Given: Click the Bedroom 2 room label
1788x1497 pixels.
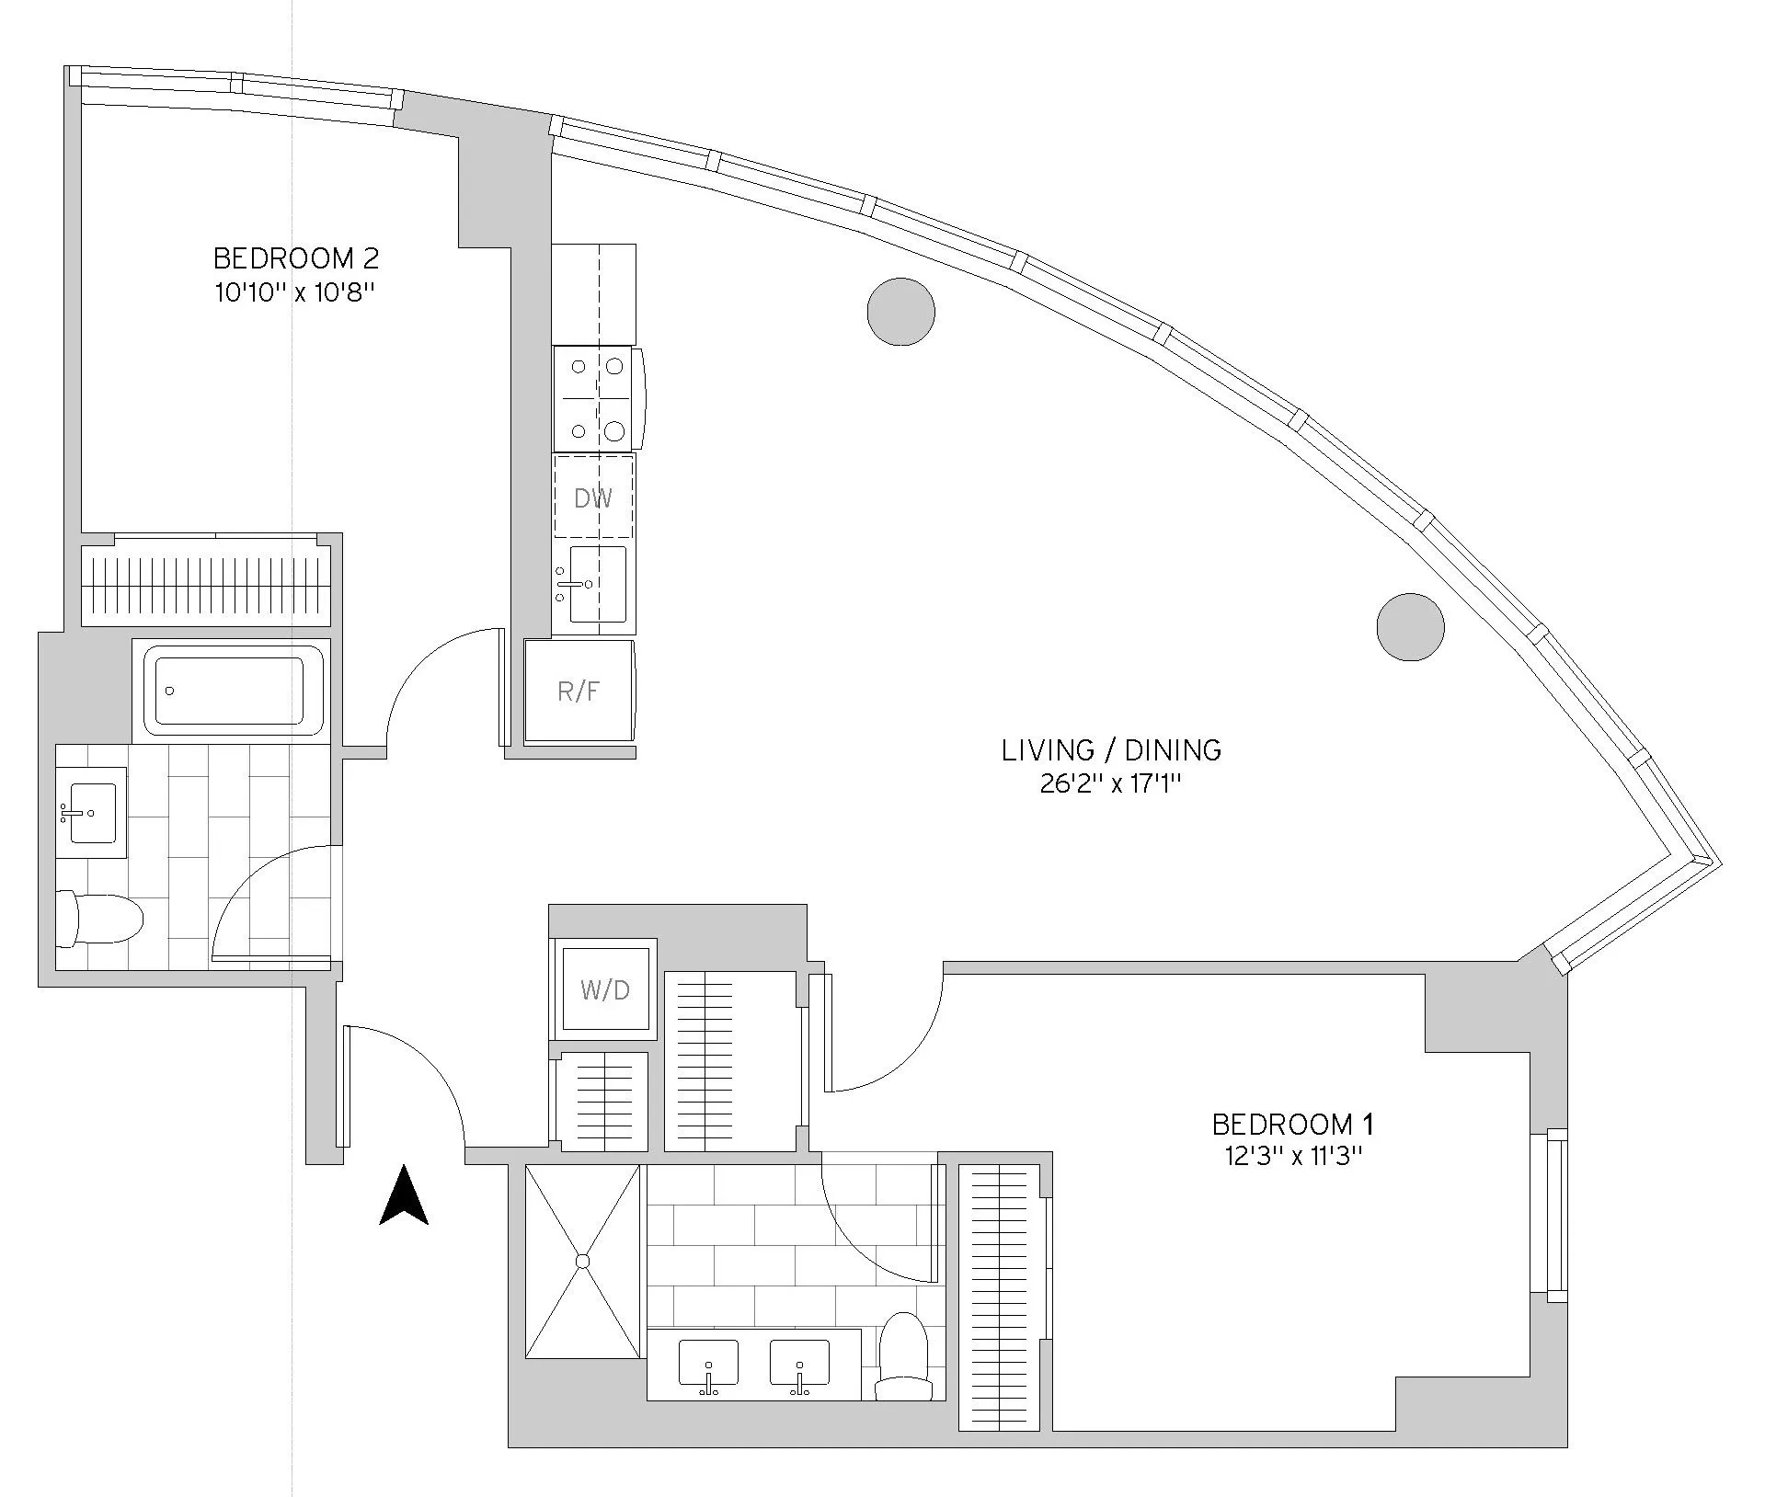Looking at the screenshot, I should tap(295, 257).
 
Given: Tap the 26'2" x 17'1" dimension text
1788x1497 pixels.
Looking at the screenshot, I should tap(1111, 784).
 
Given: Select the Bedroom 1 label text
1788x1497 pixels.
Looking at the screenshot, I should tap(1292, 1124).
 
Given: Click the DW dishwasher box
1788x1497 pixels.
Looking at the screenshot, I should tap(593, 497).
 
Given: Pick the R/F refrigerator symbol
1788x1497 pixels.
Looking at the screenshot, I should tap(579, 691).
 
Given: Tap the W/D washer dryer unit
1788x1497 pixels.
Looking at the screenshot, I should tap(605, 989).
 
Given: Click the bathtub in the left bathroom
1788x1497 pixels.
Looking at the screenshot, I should tap(230, 690).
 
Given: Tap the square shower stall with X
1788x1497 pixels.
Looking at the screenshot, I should tap(582, 1261).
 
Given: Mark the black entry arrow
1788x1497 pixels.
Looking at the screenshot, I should tap(404, 1195).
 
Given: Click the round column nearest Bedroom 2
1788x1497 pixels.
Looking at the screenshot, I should tap(900, 312).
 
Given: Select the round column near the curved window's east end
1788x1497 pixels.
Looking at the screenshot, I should tap(1410, 627).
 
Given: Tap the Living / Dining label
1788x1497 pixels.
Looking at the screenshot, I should tap(1111, 750).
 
